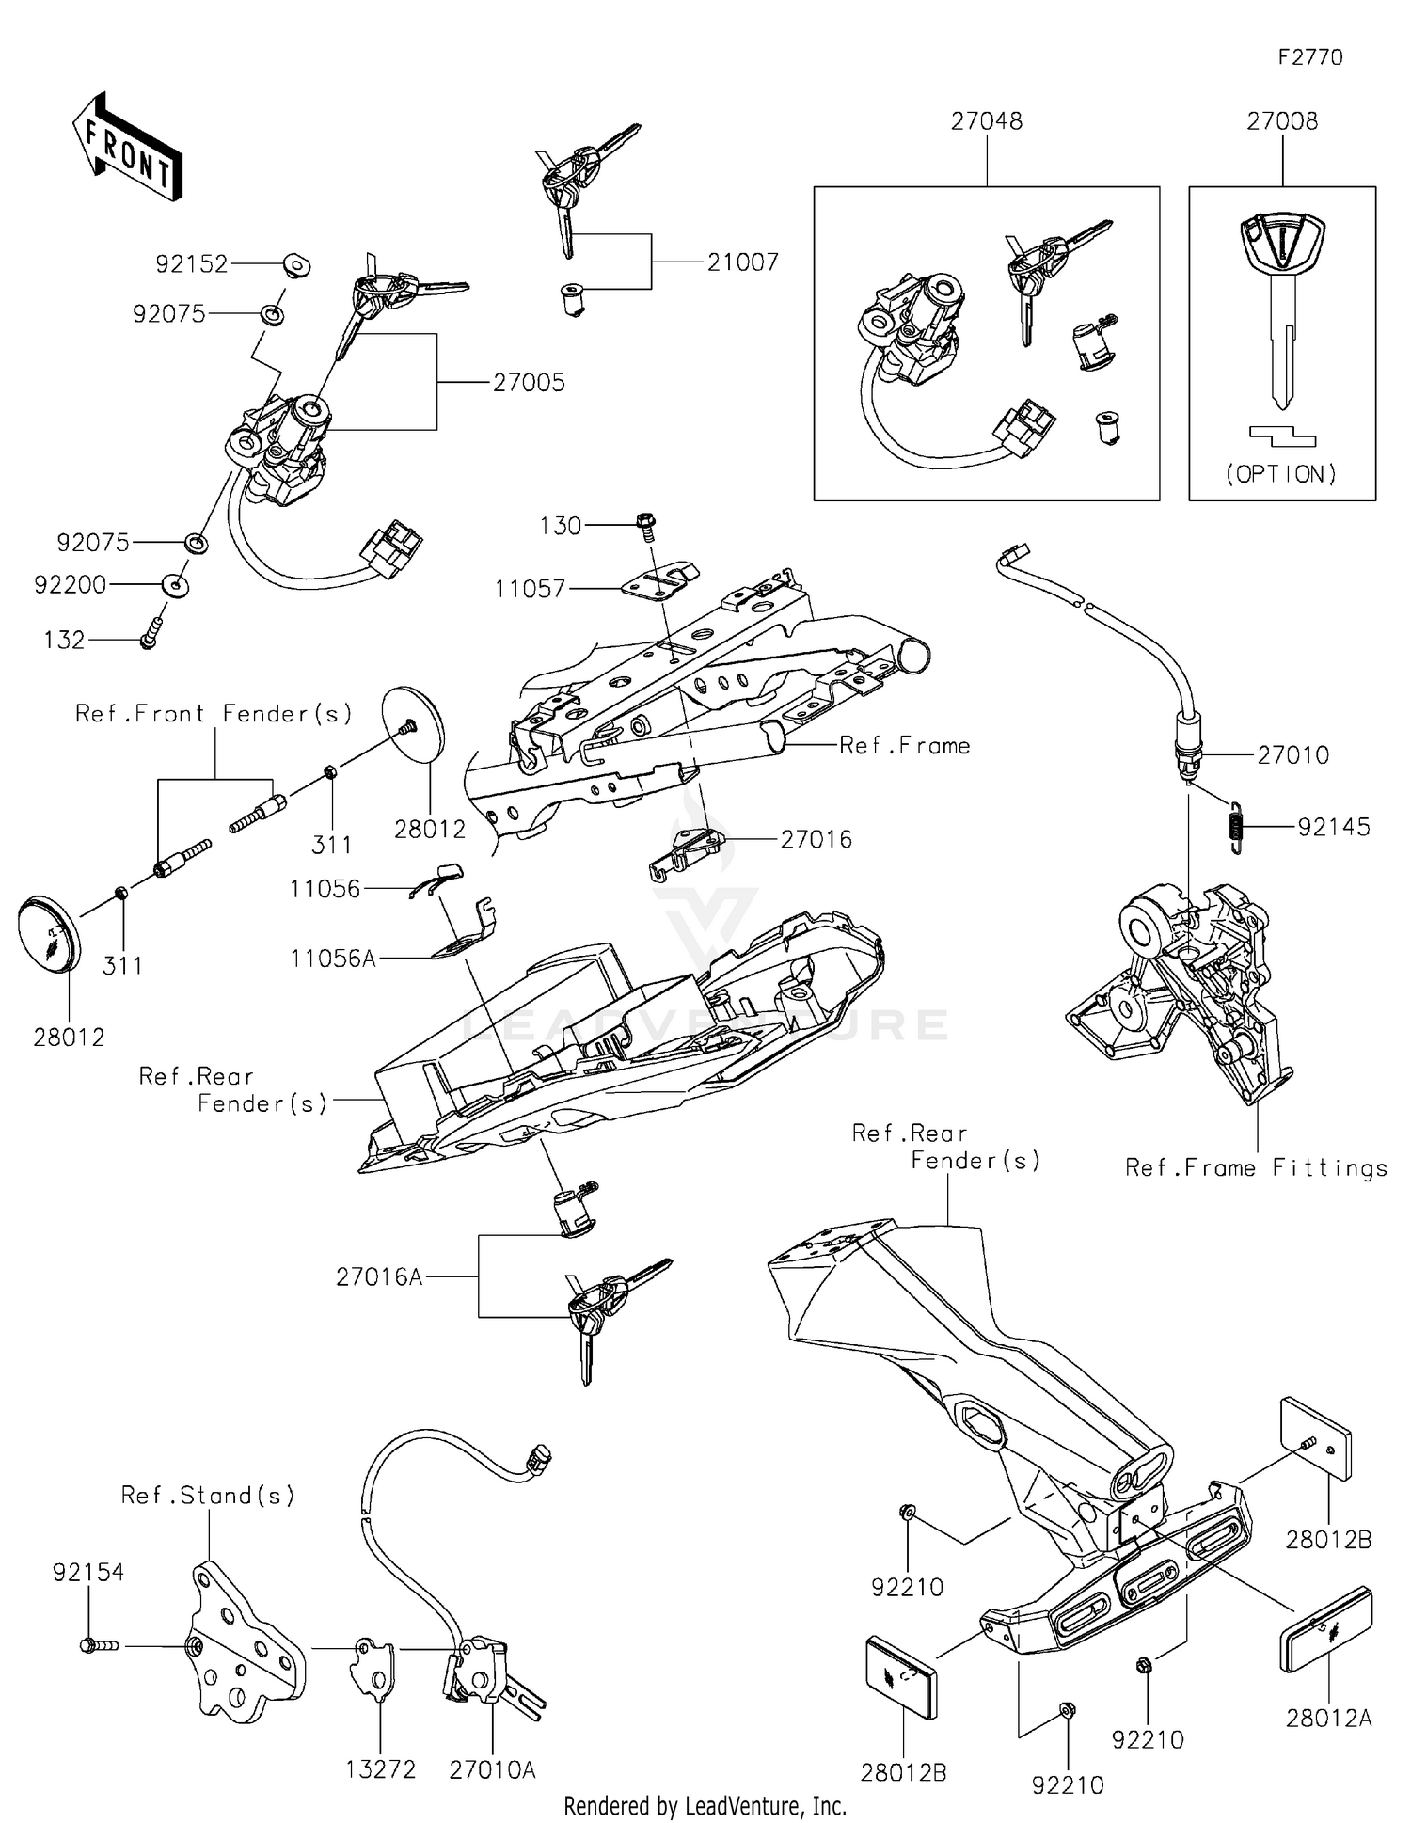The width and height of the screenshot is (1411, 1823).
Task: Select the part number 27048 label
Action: pyautogui.click(x=986, y=120)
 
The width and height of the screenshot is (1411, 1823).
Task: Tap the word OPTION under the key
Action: pyautogui.click(x=1281, y=474)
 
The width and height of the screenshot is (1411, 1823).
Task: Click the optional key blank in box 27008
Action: pyautogui.click(x=1281, y=301)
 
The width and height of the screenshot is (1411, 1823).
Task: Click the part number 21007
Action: pyautogui.click(x=743, y=262)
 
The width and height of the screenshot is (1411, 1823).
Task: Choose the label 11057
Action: pyautogui.click(x=531, y=589)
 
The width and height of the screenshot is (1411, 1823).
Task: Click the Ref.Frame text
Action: pyautogui.click(x=904, y=745)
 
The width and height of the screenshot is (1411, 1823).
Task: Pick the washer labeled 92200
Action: pyautogui.click(x=176, y=585)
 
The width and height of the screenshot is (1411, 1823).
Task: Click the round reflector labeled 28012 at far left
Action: pyautogui.click(x=49, y=934)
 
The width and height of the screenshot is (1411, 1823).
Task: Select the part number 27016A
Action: pyautogui.click(x=379, y=1276)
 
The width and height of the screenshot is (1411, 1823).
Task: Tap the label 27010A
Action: pyautogui.click(x=492, y=1769)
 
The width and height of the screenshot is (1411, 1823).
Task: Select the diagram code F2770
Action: pyautogui.click(x=1310, y=57)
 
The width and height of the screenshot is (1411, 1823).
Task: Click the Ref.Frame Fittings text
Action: pyautogui.click(x=1256, y=1167)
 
